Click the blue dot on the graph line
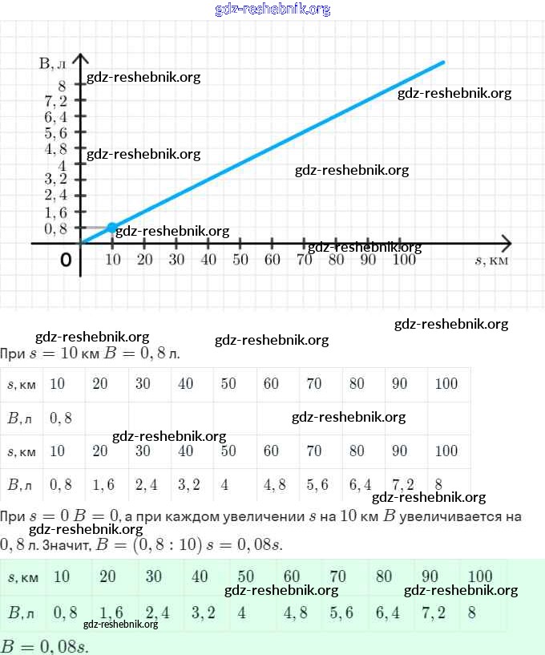112,228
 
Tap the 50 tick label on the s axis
240,259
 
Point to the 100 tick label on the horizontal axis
406,259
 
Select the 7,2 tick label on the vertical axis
56,101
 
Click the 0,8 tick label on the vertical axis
56,228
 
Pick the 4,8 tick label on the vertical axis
56,148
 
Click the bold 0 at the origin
66,260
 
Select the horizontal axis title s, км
491,260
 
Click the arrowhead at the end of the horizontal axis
507,242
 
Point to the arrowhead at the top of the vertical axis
80,59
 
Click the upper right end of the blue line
442,62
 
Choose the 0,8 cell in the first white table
61,417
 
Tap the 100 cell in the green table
479,576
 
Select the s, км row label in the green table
22,577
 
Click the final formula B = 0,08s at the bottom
45,645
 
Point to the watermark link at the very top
272,9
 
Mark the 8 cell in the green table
472,613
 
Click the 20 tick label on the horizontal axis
144,259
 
